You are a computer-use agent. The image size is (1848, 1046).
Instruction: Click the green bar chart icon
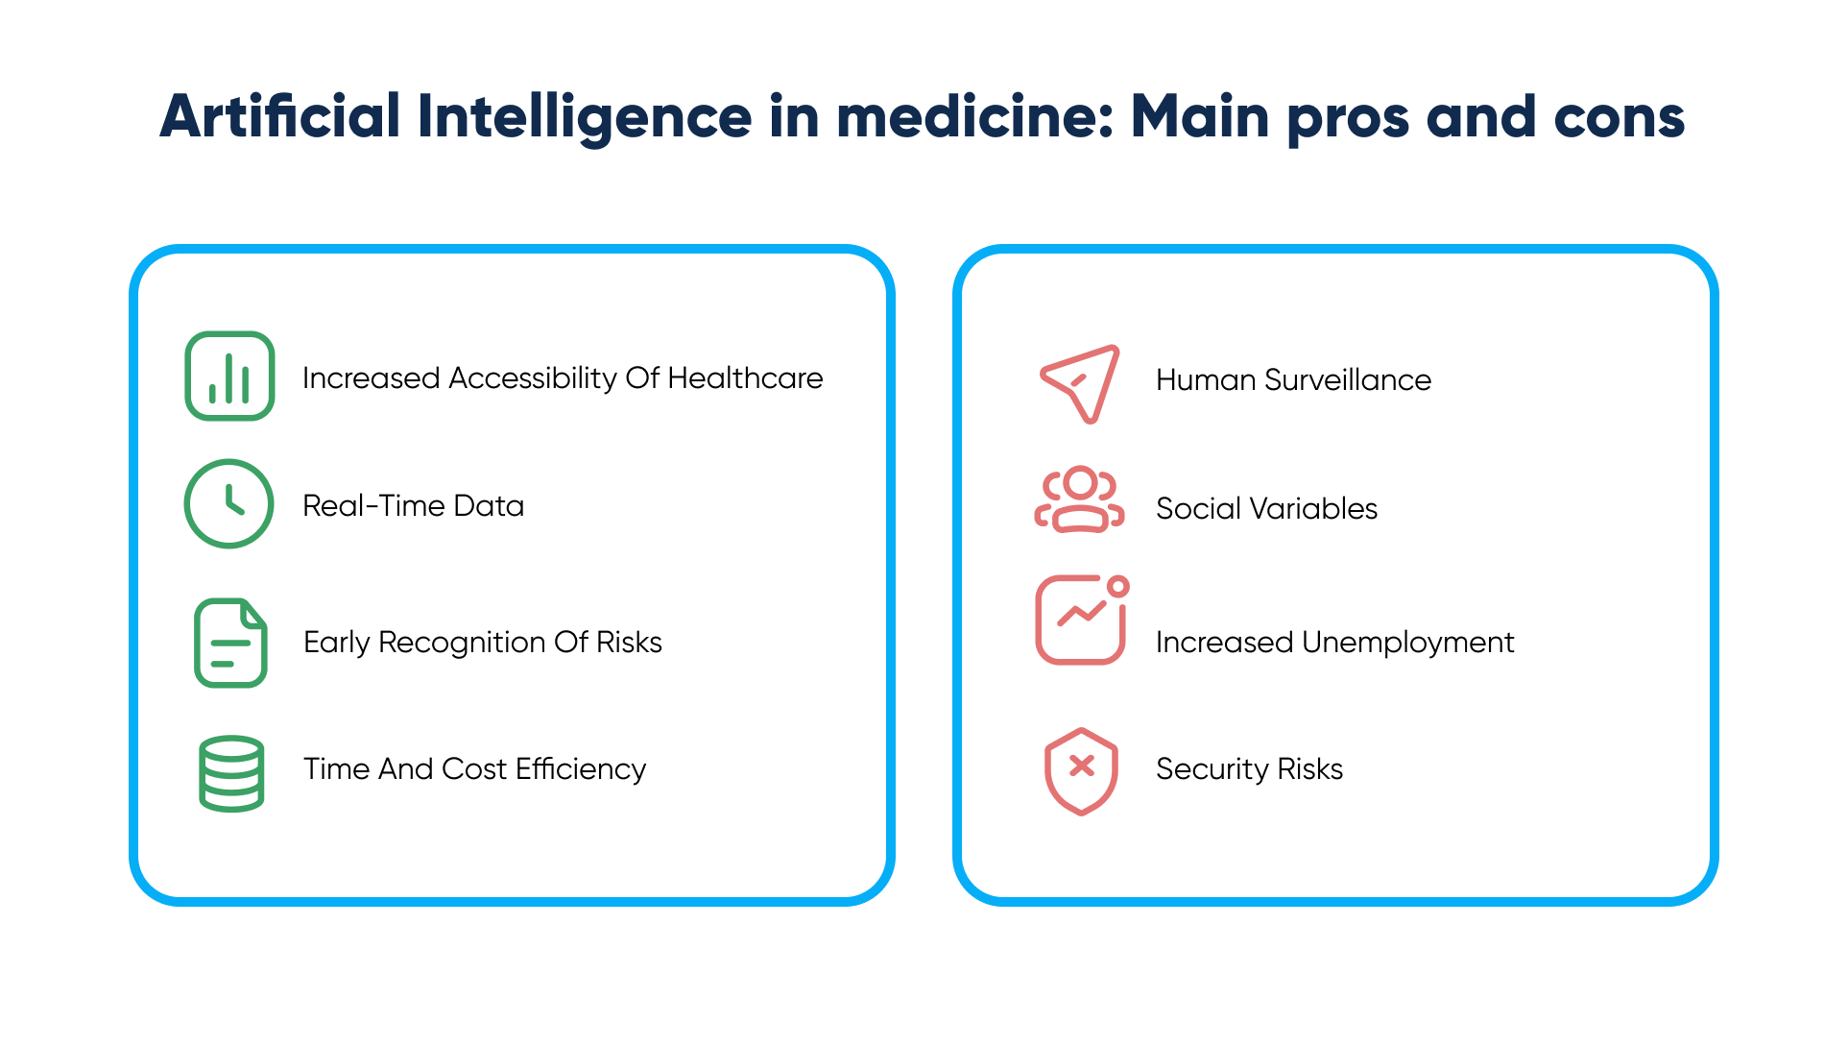229,377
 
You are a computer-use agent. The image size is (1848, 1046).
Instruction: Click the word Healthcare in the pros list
745,378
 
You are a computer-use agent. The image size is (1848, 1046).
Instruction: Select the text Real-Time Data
414,506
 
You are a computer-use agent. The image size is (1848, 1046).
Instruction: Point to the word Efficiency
581,770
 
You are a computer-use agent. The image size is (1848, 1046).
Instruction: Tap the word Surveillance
1348,380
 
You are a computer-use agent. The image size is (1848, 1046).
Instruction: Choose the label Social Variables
1267,509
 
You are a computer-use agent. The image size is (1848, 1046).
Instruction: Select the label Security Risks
1250,770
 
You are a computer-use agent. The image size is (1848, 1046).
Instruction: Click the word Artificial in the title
280,116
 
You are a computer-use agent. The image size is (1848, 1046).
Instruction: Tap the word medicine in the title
975,116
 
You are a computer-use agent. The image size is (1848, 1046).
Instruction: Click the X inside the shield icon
1082,766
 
